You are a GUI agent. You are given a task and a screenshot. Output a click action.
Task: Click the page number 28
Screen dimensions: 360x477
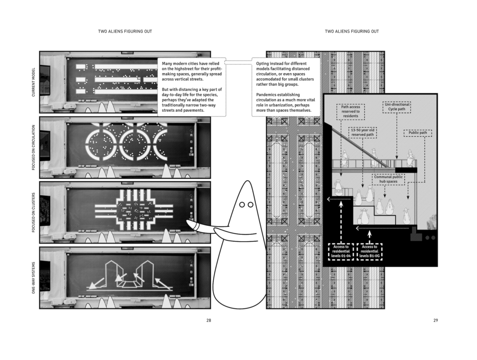(x=208, y=320)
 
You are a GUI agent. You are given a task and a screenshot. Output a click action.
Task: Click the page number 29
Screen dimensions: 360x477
(x=436, y=320)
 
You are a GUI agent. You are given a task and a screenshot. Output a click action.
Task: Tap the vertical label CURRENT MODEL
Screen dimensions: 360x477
(x=34, y=82)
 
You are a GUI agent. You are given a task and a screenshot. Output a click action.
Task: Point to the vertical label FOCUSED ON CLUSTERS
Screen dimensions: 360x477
(x=34, y=212)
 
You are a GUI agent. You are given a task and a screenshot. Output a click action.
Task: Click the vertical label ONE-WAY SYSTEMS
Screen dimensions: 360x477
(x=34, y=278)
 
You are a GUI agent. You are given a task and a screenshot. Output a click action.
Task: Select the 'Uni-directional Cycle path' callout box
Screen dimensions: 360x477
(x=397, y=107)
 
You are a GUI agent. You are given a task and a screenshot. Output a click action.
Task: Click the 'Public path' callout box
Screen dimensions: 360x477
(x=418, y=133)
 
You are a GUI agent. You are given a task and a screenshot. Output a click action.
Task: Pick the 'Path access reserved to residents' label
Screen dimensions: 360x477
(x=351, y=112)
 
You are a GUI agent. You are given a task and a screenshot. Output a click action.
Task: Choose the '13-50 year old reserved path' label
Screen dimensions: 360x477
(x=363, y=132)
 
